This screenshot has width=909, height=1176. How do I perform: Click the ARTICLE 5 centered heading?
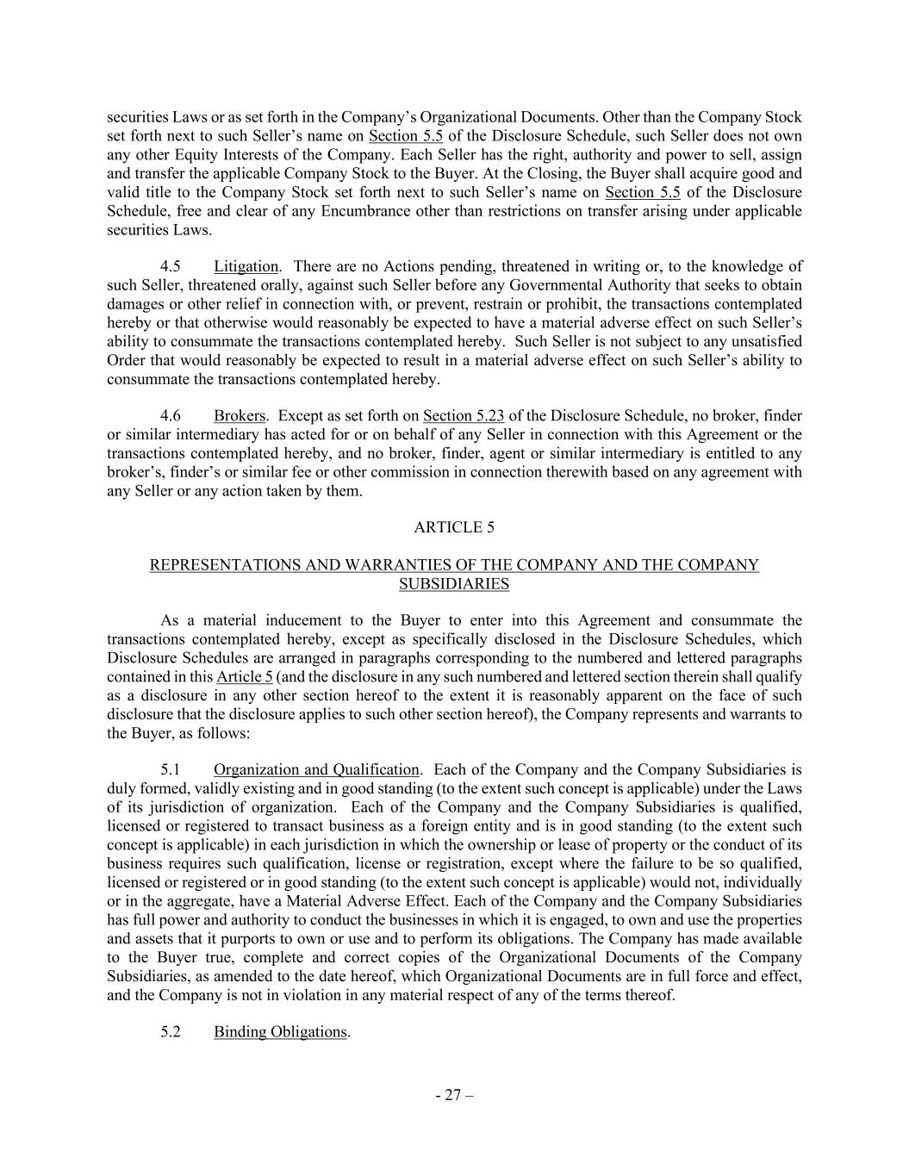tap(454, 527)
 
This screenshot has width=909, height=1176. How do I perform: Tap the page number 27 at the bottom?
tap(454, 1096)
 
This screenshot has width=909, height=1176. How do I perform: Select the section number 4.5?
tap(171, 266)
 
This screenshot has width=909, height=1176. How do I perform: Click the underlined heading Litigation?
tap(246, 266)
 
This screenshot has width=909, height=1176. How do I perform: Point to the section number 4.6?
tap(171, 416)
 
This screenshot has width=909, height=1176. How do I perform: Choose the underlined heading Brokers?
tap(240, 416)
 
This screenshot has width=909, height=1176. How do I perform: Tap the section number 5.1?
tap(171, 769)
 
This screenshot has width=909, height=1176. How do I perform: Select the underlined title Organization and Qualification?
tap(316, 769)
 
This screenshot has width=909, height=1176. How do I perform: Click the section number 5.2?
tap(171, 1032)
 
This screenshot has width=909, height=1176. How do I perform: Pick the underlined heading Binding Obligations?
tap(280, 1032)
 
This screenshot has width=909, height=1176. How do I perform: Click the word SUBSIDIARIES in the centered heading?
tap(454, 584)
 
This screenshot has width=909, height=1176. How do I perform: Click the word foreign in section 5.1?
tap(385, 826)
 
